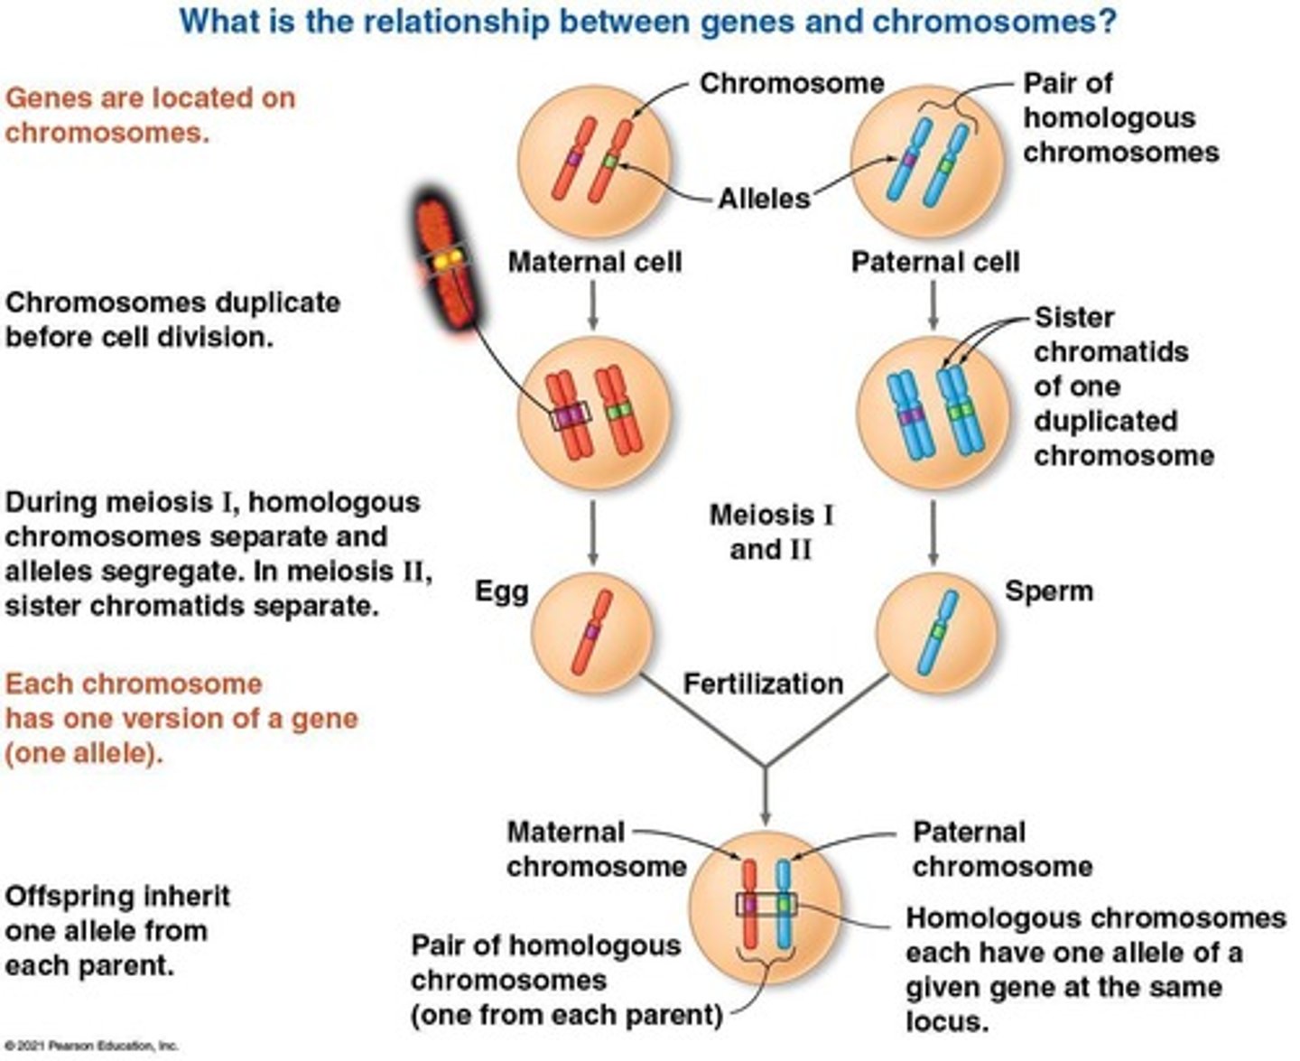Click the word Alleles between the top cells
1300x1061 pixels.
764,198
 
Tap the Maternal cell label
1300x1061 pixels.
594,262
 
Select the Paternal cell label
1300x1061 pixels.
934,262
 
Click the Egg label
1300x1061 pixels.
502,591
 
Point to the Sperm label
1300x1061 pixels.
1048,591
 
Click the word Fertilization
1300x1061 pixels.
763,684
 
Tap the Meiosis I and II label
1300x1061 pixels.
771,532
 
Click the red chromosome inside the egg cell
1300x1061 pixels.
591,632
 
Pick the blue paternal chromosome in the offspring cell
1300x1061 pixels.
784,903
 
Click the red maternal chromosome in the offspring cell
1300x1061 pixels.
748,903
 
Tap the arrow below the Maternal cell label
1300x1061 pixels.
593,304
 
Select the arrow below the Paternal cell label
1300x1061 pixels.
933,304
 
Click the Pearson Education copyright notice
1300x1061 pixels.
90,1046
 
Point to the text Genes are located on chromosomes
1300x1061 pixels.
150,115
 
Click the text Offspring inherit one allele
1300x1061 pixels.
116,930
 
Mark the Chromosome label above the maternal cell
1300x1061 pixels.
792,83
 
